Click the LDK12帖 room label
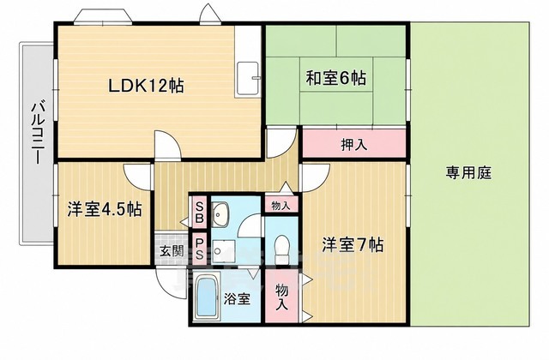coord(146,86)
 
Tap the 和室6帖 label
coord(336,78)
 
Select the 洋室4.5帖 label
coord(105,209)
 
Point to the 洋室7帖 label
coord(353,244)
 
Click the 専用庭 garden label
coord(469,172)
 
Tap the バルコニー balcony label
coord(38,133)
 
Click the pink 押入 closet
coord(354,143)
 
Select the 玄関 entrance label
coord(172,251)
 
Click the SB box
coord(199,213)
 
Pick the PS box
coord(199,249)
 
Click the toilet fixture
coord(281,249)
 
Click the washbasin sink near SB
coord(220,213)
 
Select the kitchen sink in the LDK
coord(247,79)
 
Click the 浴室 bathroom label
coord(237,299)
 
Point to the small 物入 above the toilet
coord(281,206)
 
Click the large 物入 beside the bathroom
coord(282,296)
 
